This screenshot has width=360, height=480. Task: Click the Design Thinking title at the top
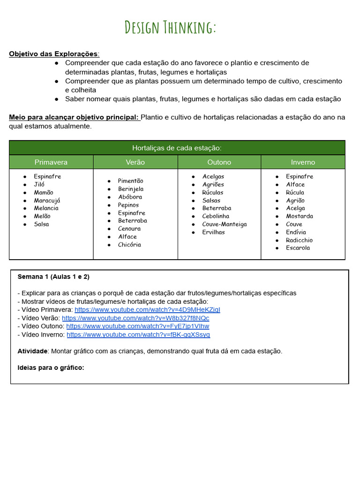170,28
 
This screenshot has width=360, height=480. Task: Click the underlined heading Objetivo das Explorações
54,53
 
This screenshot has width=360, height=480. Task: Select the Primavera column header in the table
51,162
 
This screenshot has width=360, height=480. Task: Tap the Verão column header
135,162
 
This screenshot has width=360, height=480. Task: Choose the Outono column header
219,162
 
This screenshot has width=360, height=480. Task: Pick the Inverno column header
303,162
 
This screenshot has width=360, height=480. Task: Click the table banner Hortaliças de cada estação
177,148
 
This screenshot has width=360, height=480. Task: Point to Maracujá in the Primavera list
47,200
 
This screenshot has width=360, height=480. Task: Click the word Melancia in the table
46,208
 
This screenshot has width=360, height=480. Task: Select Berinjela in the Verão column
131,189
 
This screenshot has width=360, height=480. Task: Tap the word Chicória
129,245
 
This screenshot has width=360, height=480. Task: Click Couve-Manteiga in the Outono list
224,224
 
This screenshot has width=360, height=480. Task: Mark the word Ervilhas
213,232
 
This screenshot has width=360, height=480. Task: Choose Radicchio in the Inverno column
299,240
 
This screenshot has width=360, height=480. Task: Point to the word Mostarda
300,216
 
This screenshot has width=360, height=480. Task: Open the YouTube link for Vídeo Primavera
147,310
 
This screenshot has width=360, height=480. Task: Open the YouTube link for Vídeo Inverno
138,335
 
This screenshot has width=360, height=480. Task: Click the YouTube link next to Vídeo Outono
137,326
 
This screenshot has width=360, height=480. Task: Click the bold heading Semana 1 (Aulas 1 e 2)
53,277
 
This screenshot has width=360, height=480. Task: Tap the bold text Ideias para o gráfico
51,367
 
